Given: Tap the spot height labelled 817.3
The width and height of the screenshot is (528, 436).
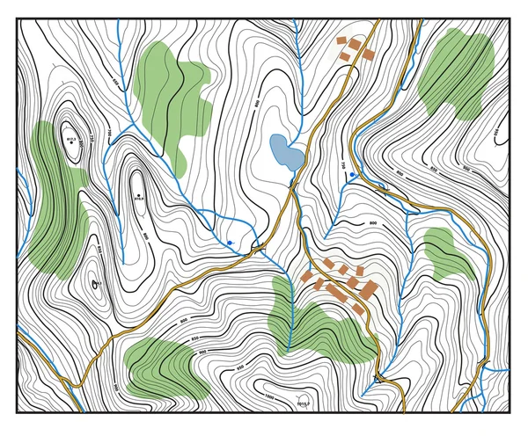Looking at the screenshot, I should [x=71, y=138].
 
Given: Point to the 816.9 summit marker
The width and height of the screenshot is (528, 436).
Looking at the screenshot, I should [x=138, y=194].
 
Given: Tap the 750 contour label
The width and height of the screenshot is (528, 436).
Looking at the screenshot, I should [x=342, y=164].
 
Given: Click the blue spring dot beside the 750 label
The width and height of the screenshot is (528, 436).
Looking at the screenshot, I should [x=353, y=175].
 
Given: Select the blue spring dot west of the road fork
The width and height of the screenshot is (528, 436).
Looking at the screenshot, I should [x=230, y=242].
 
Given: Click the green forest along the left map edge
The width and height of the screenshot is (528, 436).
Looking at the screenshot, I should [x=55, y=202].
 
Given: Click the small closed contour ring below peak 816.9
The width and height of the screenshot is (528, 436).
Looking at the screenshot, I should [x=93, y=284].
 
